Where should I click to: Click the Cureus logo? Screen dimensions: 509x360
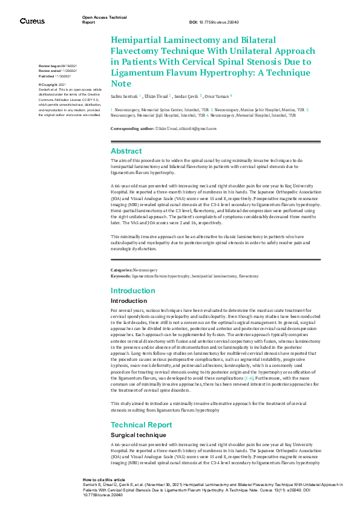click(32, 21)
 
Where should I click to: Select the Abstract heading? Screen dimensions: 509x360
click(126, 151)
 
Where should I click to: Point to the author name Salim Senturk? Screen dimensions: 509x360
click(124, 96)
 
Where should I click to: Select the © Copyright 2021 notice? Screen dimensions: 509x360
click(52, 85)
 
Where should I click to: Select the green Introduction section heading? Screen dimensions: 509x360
click(133, 291)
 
